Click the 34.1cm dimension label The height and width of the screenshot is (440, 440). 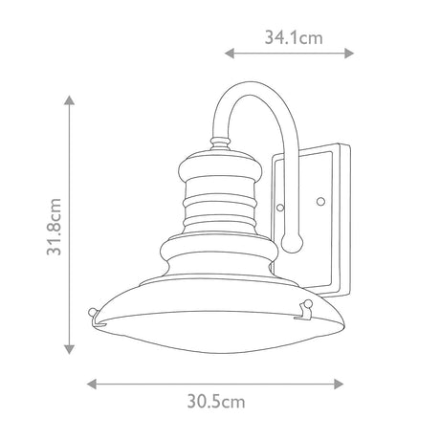[294, 37]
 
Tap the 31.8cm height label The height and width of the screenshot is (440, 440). [55, 227]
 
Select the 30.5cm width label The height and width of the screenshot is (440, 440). [216, 401]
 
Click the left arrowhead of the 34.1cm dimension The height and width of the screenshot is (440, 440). [230, 54]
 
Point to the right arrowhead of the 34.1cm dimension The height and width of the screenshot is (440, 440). [349, 54]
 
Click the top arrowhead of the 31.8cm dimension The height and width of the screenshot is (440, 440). [69, 100]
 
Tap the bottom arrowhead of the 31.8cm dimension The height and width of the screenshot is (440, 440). [69, 349]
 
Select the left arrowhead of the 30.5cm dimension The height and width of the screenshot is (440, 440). [92, 384]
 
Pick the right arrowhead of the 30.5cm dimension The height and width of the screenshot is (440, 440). [339, 384]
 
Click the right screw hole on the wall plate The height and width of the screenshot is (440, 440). [320, 202]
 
